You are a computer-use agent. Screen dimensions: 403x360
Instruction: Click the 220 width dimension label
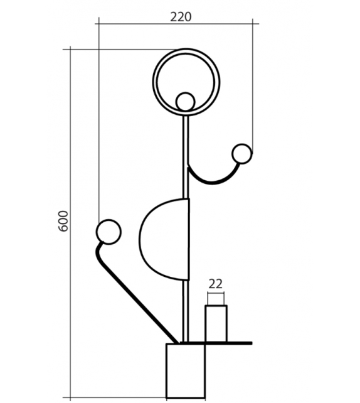tap(181, 16)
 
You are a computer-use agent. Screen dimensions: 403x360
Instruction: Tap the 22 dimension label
tap(215, 283)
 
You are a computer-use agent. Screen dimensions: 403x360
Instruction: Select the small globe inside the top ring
tap(186, 101)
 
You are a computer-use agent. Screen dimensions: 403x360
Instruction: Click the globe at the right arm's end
tap(241, 153)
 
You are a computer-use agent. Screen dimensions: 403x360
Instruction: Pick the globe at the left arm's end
tap(108, 232)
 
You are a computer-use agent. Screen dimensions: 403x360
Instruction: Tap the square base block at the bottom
tap(186, 370)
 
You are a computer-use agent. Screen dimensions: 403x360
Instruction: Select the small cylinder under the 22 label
tap(216, 323)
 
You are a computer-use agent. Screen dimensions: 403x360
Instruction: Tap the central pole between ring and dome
tap(186, 157)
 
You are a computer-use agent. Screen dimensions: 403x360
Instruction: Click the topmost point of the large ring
tap(186, 50)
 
